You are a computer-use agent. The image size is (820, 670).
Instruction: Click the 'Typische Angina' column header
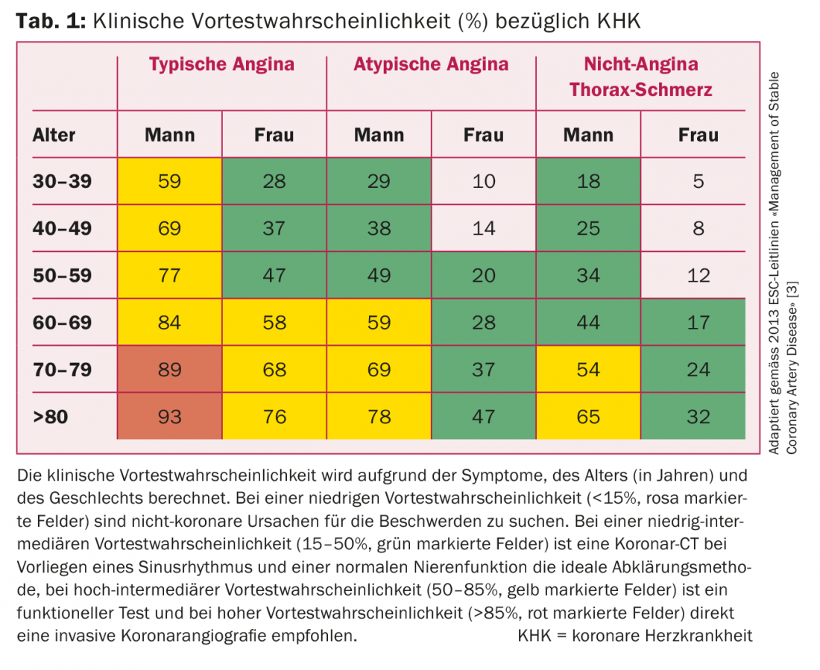221,64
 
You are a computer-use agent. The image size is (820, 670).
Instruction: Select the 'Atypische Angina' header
431,64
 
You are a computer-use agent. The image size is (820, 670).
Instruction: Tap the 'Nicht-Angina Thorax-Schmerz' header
640,77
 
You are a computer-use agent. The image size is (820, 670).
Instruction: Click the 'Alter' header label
54,135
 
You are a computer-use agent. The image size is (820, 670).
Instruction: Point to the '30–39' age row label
62,181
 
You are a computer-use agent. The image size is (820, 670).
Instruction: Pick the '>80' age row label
51,416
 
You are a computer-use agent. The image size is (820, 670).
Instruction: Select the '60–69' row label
62,322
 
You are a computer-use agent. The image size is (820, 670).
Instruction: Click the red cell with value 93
169,416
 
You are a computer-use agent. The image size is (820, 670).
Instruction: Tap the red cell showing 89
169,369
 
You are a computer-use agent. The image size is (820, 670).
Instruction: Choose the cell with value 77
169,275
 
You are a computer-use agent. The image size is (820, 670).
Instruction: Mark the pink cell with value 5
698,181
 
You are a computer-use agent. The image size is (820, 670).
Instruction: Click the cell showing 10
483,181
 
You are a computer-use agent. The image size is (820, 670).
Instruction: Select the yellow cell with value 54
588,369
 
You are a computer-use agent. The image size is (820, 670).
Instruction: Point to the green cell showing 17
698,322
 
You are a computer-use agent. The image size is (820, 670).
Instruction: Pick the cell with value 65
588,416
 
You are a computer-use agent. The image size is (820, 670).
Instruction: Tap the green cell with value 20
483,275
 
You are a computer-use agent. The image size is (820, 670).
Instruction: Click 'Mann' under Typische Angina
169,135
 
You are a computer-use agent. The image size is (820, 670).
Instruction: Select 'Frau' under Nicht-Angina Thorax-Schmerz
698,135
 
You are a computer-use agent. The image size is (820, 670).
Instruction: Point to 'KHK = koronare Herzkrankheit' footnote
634,636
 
